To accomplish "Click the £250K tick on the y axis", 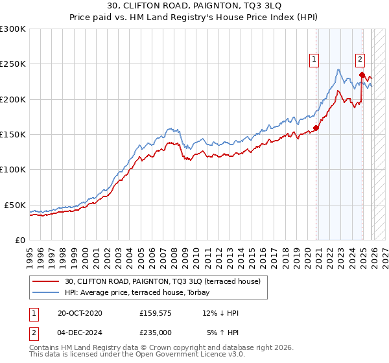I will coord(13,64).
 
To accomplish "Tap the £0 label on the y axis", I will coord(20,240).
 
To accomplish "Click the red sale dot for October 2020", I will coord(316,128).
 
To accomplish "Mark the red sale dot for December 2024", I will coord(362,75).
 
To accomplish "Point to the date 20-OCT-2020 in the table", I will coord(79,314).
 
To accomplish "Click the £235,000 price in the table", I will coord(156,332).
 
